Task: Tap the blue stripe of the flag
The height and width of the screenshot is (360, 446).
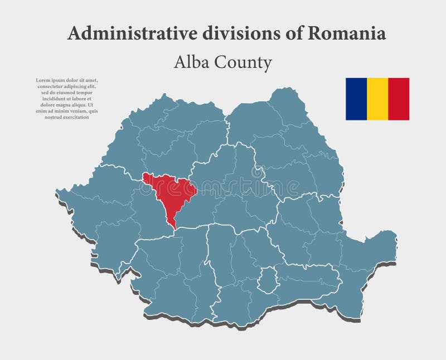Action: tap(356, 99)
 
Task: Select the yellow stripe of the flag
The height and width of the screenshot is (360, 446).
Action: tap(377, 99)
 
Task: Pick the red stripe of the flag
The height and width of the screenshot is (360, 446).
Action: tap(399, 99)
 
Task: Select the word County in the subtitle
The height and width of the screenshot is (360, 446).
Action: tap(244, 62)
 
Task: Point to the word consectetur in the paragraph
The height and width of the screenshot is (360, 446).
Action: tap(53, 86)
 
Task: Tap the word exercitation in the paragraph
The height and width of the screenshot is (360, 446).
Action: tap(74, 117)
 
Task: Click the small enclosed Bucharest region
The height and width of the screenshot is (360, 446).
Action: tap(269, 278)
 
